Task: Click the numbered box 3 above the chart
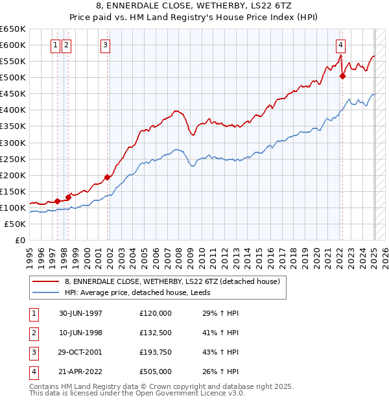tap(105, 45)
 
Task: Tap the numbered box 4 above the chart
tap(340, 45)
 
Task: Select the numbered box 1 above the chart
tap(55, 45)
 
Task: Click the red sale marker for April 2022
tap(343, 76)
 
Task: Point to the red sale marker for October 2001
tap(108, 177)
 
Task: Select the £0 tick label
tap(19, 240)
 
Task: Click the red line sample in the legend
tap(46, 281)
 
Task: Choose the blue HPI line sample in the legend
tap(46, 292)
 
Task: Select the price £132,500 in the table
tap(156, 333)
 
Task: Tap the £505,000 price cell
tap(156, 372)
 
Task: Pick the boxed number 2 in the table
tap(33, 333)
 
